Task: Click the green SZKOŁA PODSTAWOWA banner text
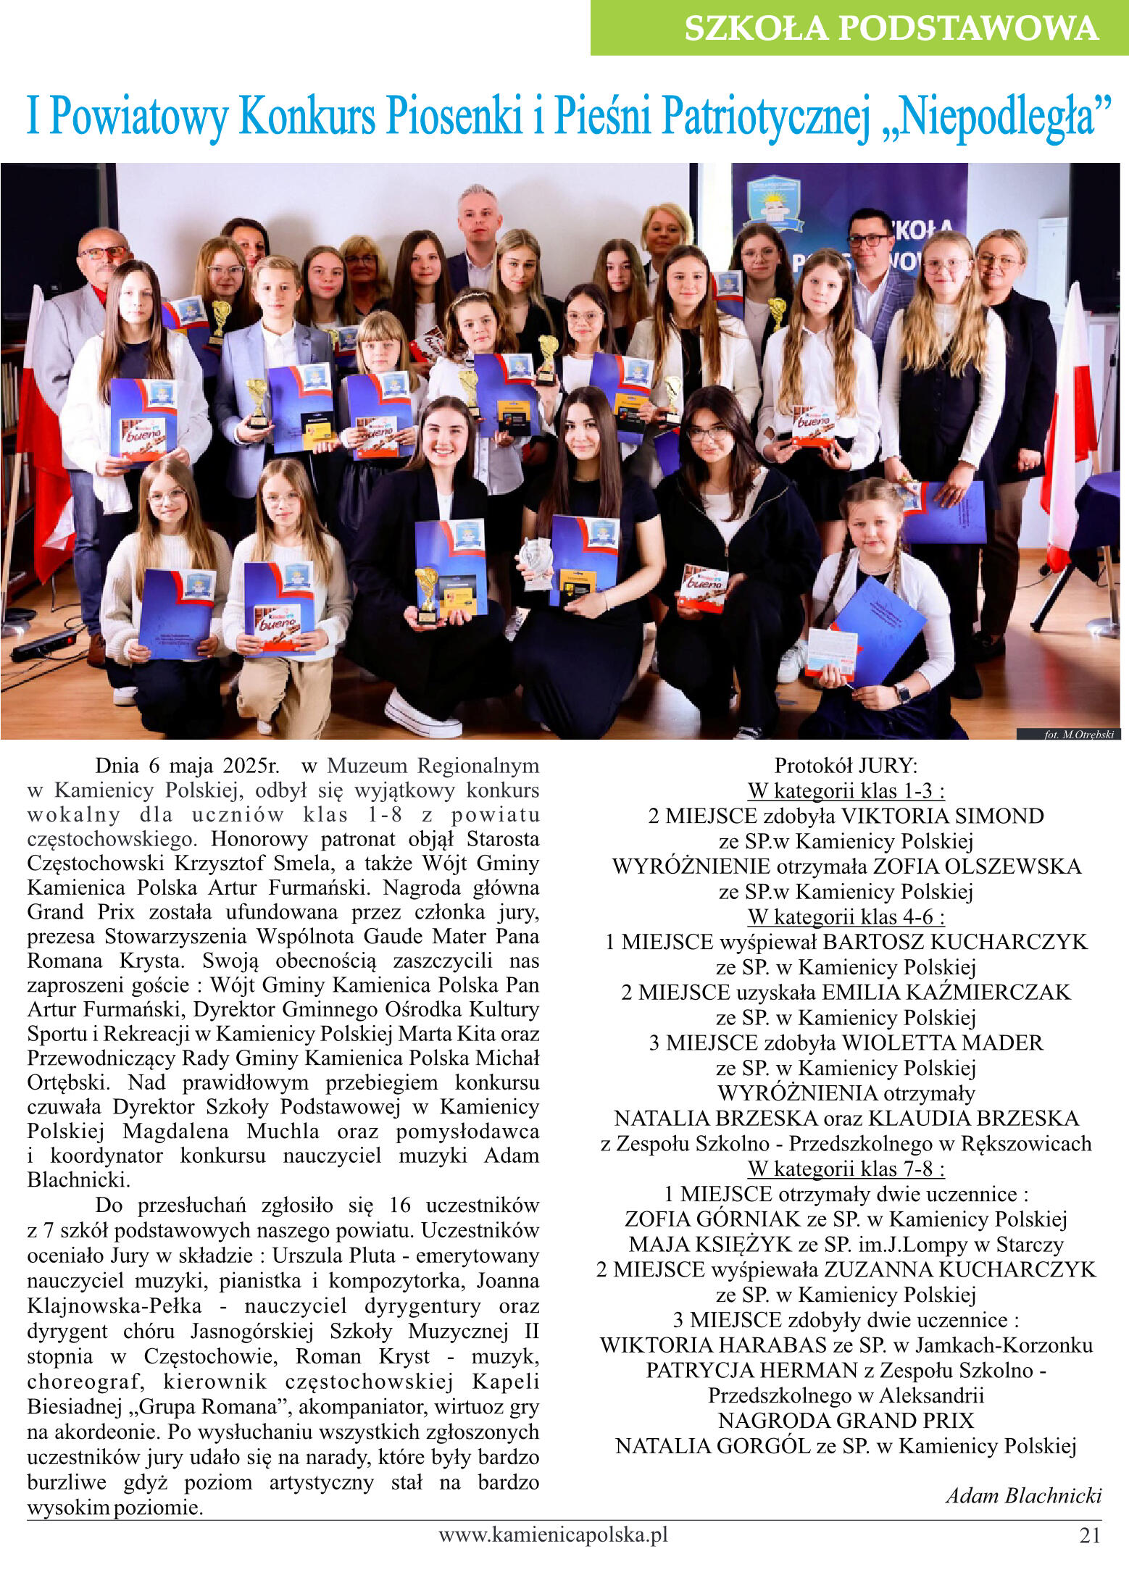coord(891,29)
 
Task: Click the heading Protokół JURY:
coord(846,766)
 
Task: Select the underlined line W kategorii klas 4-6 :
coord(846,916)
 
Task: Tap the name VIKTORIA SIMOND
coord(942,816)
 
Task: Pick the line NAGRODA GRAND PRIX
coord(846,1421)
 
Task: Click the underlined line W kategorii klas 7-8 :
coord(846,1169)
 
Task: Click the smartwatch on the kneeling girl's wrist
coord(902,693)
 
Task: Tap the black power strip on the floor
coord(43,645)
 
